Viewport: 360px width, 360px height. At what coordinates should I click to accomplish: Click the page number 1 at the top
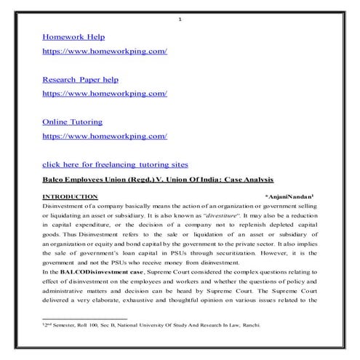(180, 19)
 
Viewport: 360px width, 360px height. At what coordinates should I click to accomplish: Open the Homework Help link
(73, 36)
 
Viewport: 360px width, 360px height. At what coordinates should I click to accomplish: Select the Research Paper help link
(80, 79)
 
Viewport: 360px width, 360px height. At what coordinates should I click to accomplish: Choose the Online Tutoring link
(72, 121)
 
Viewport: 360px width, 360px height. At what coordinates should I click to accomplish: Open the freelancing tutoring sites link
(115, 164)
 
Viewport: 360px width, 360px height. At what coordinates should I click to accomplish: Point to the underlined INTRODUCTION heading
(70, 196)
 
